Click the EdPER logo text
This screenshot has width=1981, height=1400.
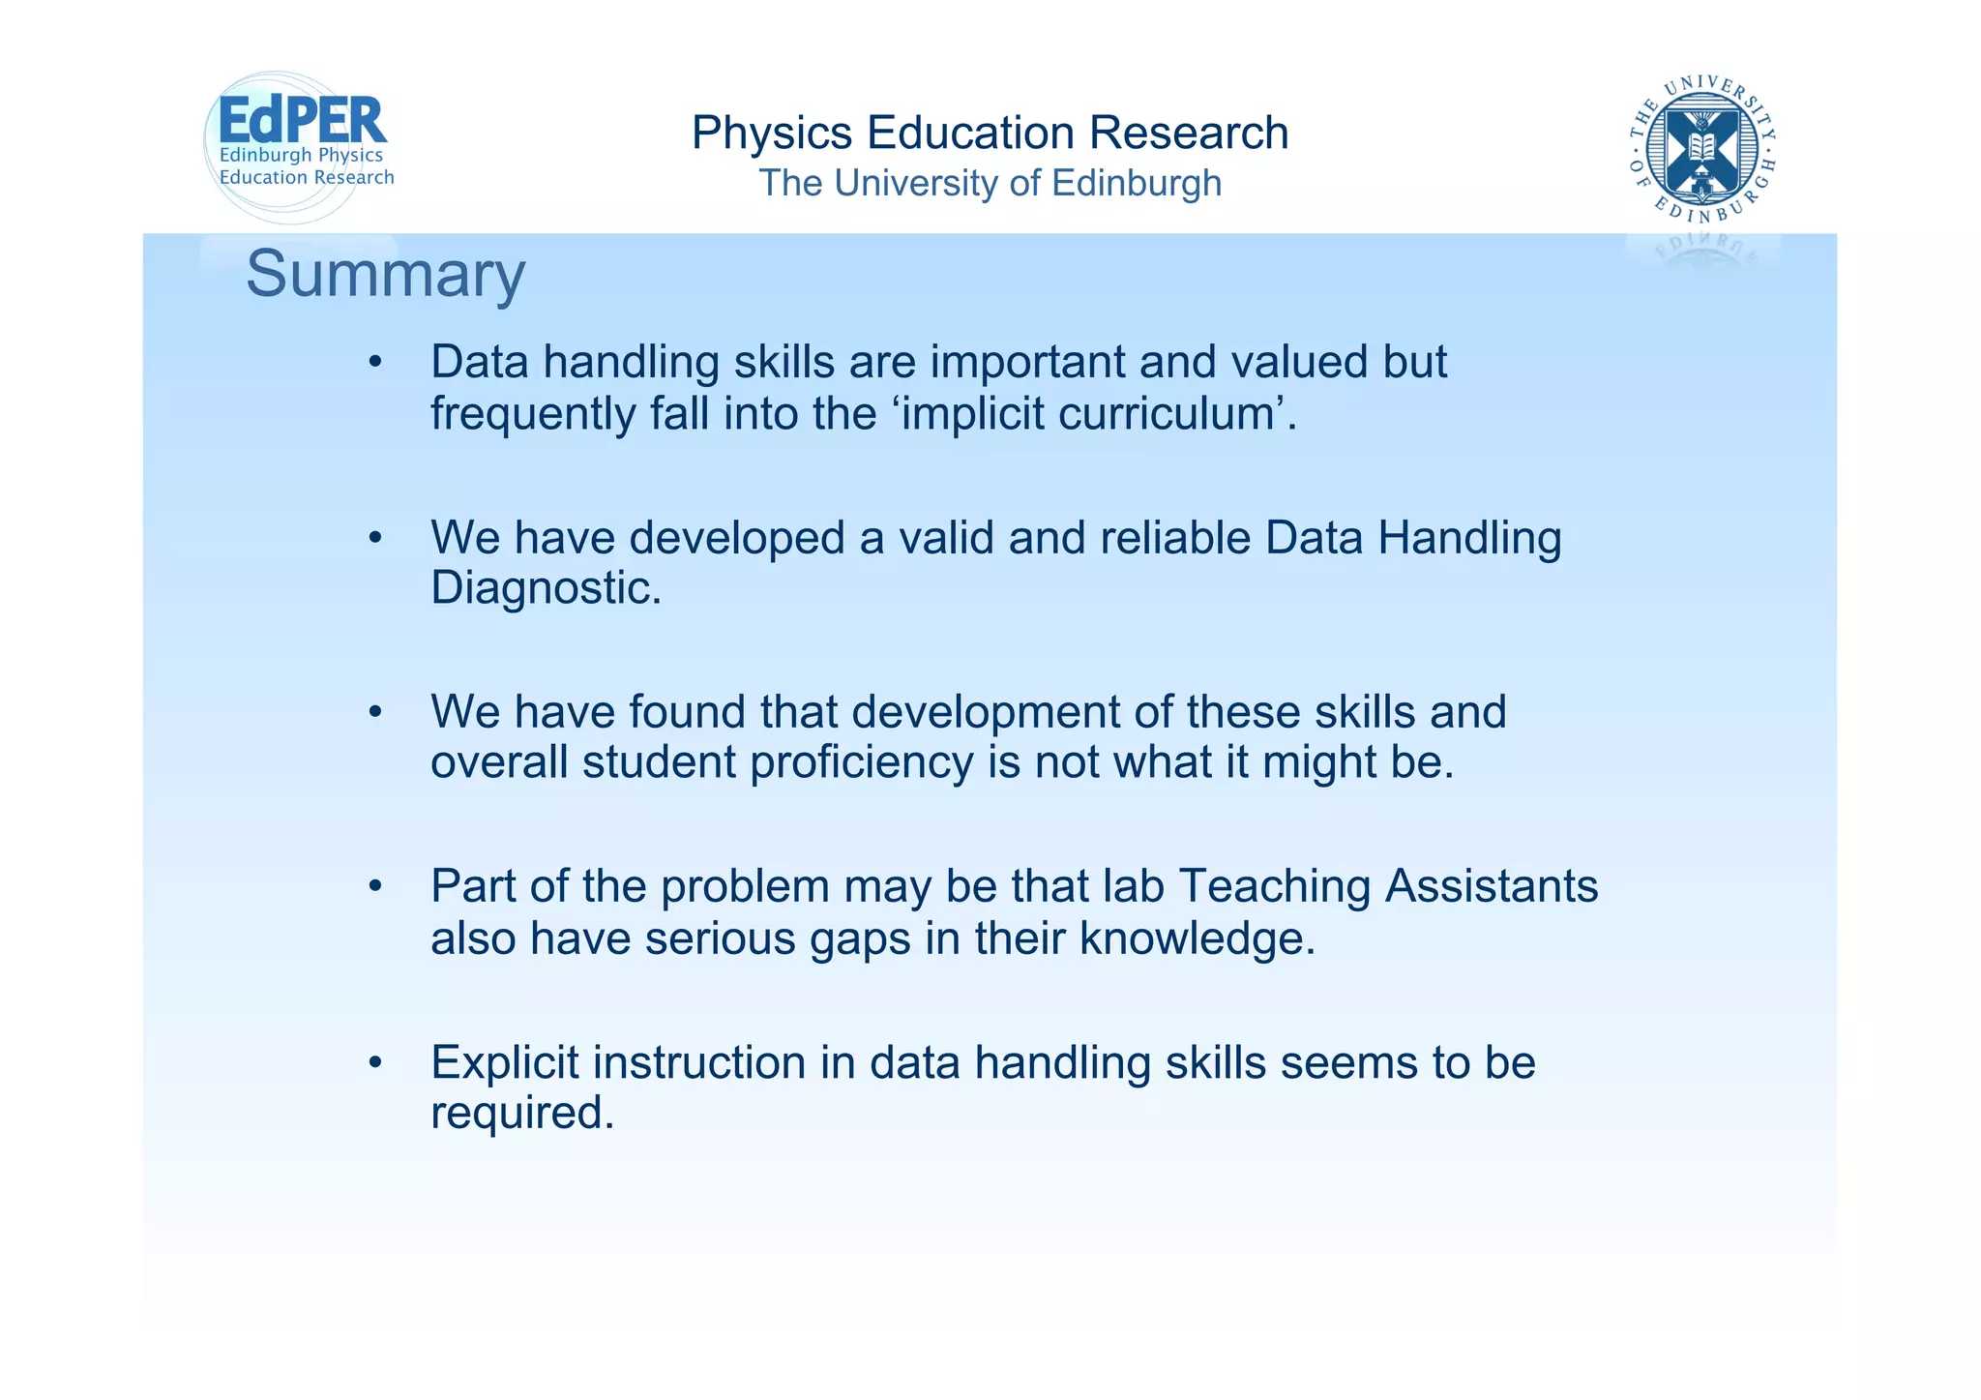[x=302, y=120]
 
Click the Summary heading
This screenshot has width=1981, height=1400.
[x=385, y=274]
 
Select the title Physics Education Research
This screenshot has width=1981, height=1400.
[x=990, y=133]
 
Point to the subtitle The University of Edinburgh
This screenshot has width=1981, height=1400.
[x=990, y=183]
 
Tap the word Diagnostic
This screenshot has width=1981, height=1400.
[x=545, y=587]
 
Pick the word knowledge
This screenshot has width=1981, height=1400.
[x=1197, y=938]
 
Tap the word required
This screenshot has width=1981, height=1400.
[x=521, y=1113]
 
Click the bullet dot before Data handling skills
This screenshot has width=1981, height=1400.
[x=375, y=364]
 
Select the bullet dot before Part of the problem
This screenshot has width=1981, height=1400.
[x=375, y=887]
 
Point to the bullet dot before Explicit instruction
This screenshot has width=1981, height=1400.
[x=375, y=1063]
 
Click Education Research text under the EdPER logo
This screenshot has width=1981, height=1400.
[x=307, y=177]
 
